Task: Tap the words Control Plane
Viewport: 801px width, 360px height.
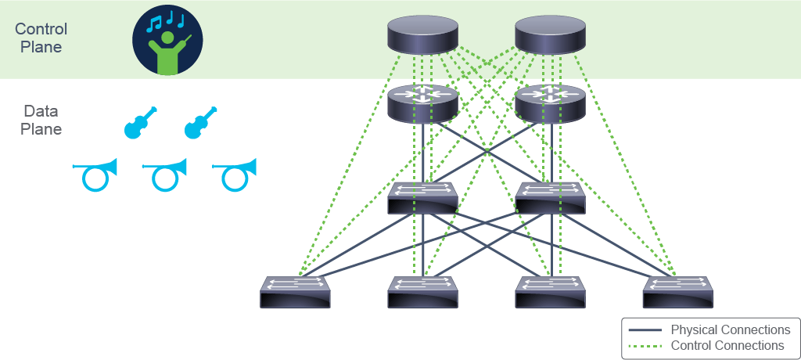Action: coord(41,38)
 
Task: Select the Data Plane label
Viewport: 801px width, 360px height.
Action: coord(41,121)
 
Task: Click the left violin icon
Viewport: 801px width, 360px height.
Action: coord(141,123)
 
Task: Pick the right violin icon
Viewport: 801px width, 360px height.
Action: coord(200,123)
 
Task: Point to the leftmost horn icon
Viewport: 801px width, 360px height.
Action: coord(95,175)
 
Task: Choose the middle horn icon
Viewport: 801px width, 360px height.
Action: coord(164,175)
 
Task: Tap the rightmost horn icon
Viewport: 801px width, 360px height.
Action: coord(234,175)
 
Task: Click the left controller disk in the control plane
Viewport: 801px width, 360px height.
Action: coord(422,34)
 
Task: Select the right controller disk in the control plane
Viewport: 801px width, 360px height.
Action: coord(550,34)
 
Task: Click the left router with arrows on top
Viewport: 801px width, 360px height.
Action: coord(422,104)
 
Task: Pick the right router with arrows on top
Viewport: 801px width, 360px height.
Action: coord(550,104)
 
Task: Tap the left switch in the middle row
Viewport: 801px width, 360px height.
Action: coord(422,198)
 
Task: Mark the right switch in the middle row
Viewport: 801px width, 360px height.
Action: coord(550,198)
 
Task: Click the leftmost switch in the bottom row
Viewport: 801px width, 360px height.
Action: coord(295,292)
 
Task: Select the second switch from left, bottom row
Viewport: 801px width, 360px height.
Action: coord(422,292)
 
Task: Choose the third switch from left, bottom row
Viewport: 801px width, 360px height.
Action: coord(550,292)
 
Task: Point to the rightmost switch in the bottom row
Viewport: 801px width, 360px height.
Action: coord(678,292)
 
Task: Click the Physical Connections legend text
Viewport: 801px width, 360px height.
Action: coord(731,329)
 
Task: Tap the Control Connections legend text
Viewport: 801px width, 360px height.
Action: coord(727,346)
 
